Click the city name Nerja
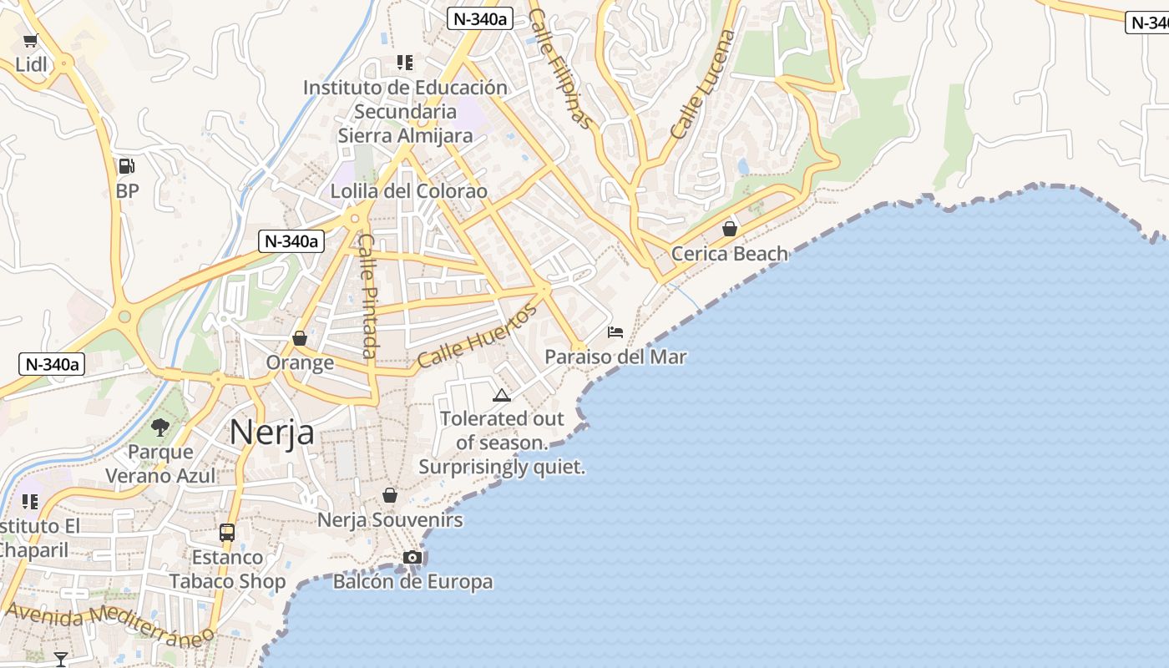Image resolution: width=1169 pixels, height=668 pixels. point(271,433)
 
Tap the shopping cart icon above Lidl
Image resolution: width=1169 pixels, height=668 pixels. point(31,40)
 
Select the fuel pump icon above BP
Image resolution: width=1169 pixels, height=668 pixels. point(126,166)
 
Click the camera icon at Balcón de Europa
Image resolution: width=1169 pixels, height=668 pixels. point(412,557)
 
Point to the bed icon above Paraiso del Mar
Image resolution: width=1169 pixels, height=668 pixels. point(615,331)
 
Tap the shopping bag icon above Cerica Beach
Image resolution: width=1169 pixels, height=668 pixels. point(730,229)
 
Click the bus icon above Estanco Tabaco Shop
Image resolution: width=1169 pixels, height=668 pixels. point(226,532)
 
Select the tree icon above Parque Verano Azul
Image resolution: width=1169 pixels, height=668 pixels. point(160,428)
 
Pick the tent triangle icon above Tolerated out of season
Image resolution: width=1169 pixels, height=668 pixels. point(501,395)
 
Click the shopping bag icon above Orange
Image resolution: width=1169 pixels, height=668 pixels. point(300,338)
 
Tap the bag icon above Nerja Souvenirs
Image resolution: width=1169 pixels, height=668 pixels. point(389,495)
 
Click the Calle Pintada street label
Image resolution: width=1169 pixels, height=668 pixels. point(368,296)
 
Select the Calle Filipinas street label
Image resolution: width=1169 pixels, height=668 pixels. point(561,69)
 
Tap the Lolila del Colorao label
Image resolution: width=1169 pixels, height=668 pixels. point(408,191)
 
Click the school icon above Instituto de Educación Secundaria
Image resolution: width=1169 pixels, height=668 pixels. point(405,63)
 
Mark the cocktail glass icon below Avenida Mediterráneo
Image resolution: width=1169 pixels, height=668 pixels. point(60,660)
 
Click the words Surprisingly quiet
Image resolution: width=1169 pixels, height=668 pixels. point(501,467)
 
